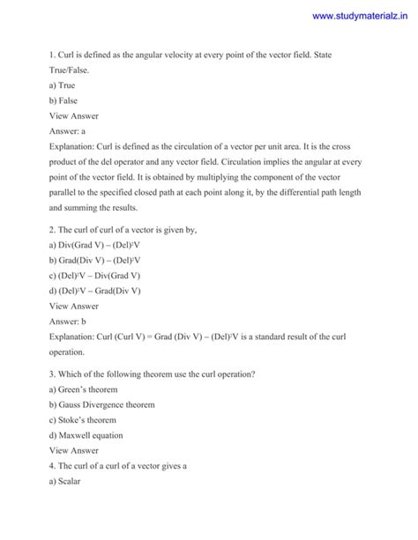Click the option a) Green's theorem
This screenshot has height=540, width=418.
click(86, 389)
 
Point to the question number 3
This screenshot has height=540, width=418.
click(51, 374)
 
